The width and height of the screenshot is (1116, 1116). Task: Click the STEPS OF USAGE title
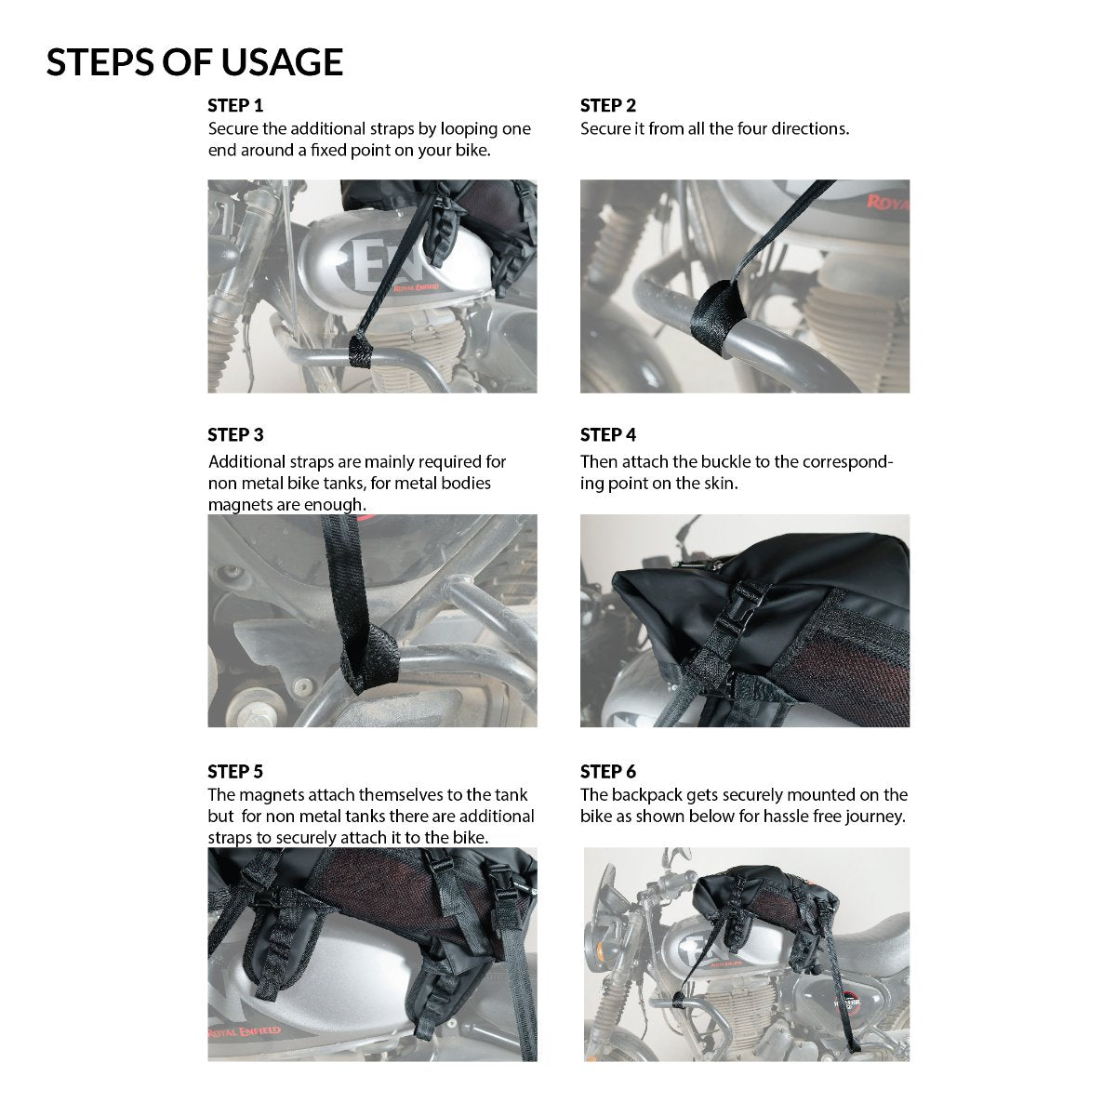[x=194, y=62]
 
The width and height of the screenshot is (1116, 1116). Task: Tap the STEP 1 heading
[x=235, y=105]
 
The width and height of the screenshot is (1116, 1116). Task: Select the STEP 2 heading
[x=608, y=105]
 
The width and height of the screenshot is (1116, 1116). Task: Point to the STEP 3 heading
[x=235, y=434]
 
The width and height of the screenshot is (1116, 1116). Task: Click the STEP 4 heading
[x=608, y=434]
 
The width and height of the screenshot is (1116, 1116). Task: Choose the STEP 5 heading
[x=235, y=771]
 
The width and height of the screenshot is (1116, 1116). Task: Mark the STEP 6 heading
[x=608, y=771]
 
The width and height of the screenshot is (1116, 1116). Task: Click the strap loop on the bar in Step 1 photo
[x=360, y=351]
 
